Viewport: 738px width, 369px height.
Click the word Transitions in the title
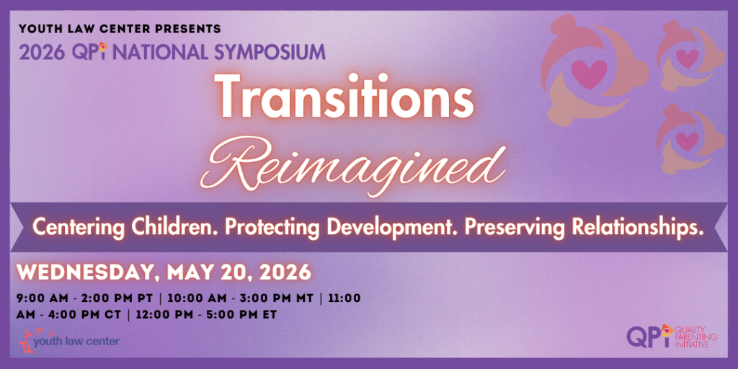tap(344, 98)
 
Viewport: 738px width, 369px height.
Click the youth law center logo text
tap(76, 341)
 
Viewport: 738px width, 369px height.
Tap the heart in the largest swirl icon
tap(589, 74)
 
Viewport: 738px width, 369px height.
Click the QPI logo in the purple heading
tap(90, 51)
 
